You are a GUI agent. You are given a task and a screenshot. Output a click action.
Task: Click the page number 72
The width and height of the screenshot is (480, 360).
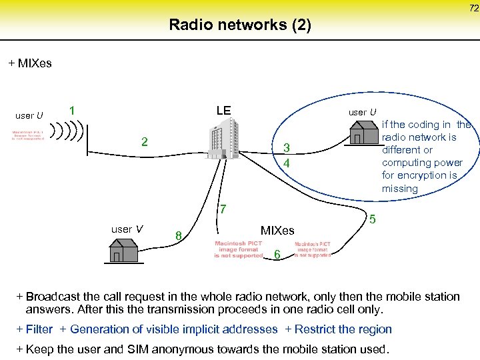point(473,8)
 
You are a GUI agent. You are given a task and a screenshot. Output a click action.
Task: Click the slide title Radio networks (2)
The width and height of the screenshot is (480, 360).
point(239,25)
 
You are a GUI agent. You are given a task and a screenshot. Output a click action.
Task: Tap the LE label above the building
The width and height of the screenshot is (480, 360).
point(223,110)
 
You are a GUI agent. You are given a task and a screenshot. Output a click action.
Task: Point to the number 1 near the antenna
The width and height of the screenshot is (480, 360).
point(71,110)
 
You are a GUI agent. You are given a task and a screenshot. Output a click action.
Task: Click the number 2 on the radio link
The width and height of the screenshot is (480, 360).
point(144,142)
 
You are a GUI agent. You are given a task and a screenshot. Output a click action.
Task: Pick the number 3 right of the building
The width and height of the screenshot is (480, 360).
point(285,148)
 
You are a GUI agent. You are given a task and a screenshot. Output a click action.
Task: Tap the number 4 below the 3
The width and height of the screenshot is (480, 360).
point(285,163)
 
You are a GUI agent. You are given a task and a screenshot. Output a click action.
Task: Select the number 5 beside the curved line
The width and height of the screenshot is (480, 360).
point(373,219)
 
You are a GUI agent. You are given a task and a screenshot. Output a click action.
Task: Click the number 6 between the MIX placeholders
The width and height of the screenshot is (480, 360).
point(277,254)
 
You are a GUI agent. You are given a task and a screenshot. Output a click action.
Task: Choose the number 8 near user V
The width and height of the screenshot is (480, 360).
point(178,235)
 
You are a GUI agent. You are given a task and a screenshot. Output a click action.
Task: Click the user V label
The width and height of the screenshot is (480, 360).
point(127,229)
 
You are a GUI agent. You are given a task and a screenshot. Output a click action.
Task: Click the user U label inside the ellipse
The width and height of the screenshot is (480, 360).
point(363,112)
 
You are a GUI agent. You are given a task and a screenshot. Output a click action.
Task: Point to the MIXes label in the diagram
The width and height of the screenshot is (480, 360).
point(277,231)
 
